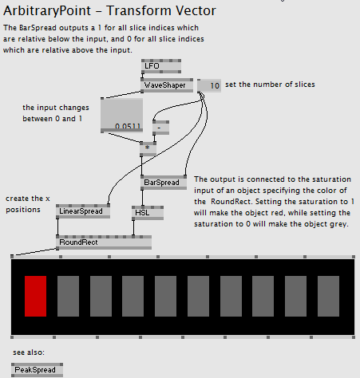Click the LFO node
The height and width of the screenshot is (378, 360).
point(161,66)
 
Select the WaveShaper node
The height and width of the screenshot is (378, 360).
point(167,85)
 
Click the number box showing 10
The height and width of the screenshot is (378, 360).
point(209,85)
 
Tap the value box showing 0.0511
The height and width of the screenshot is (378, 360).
point(121,116)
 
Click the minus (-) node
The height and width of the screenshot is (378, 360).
point(160,128)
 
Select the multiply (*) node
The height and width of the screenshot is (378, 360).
point(148,149)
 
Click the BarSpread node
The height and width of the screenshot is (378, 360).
point(164,183)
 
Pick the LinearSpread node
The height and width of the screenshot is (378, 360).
point(83,211)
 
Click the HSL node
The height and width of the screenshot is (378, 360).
point(148,213)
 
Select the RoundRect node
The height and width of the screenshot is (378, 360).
point(104,242)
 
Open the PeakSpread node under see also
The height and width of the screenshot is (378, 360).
point(38,370)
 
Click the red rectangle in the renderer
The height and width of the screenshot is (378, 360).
point(35,296)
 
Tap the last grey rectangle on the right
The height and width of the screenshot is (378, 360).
point(328,296)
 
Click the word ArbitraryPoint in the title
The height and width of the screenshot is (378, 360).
point(47,11)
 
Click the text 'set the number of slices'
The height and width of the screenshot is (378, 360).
point(270,85)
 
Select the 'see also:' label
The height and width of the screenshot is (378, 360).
point(29,352)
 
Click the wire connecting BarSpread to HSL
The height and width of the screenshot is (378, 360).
point(142,198)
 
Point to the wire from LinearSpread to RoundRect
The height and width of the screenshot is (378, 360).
point(57,226)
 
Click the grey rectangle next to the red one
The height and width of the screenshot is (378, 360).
point(68,296)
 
